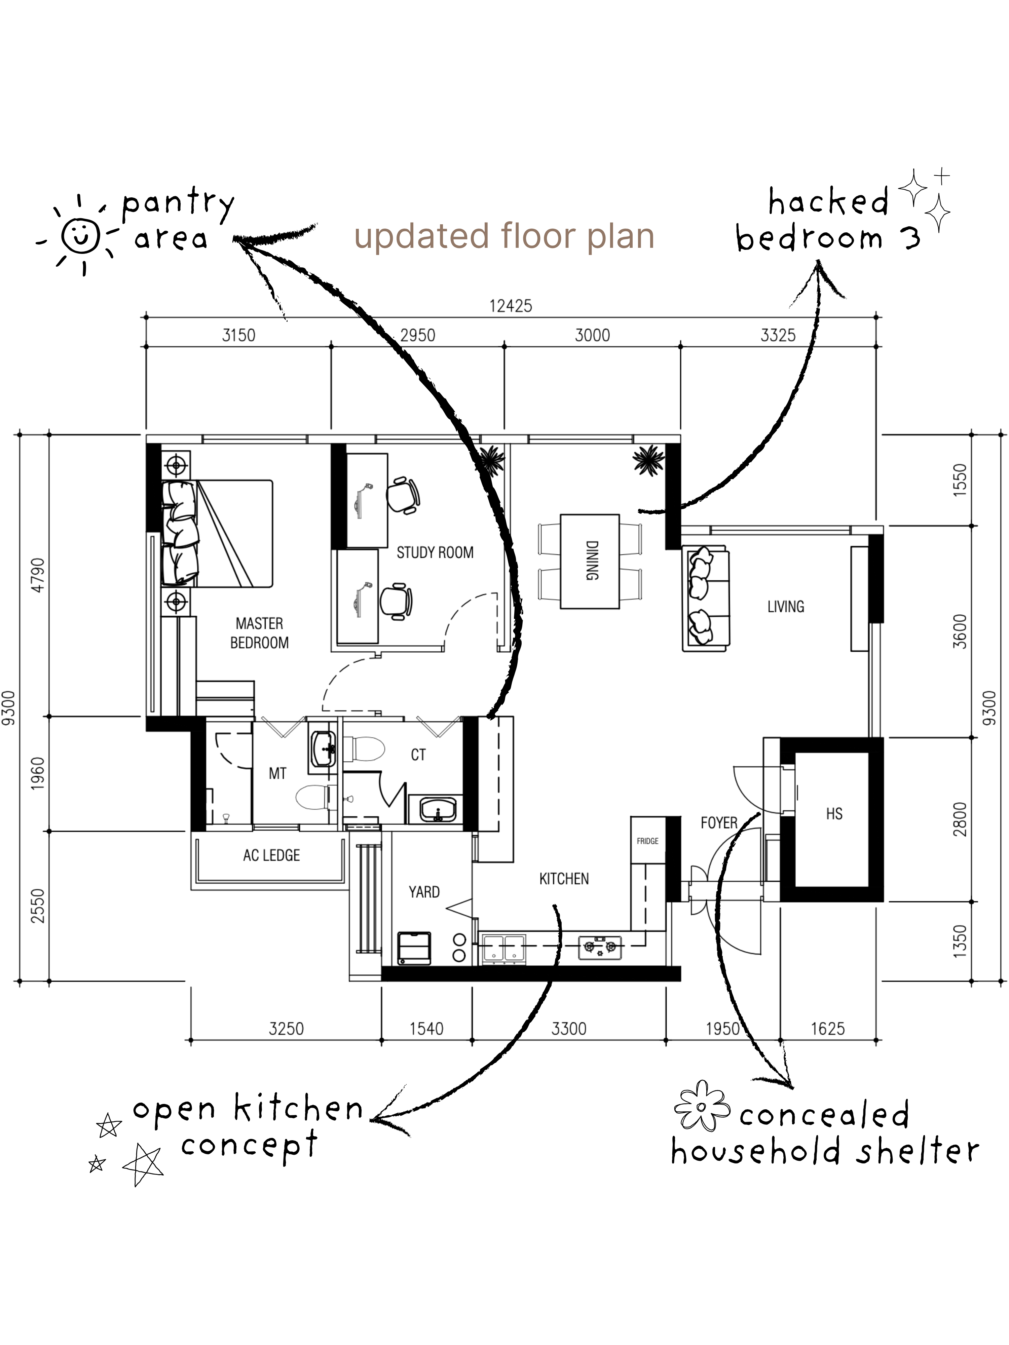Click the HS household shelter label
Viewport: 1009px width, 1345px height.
pos(834,814)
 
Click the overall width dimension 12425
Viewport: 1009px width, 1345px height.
pos(510,306)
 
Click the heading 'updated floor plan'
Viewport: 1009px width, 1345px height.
pos(504,236)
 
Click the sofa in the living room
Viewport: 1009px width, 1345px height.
pos(706,598)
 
